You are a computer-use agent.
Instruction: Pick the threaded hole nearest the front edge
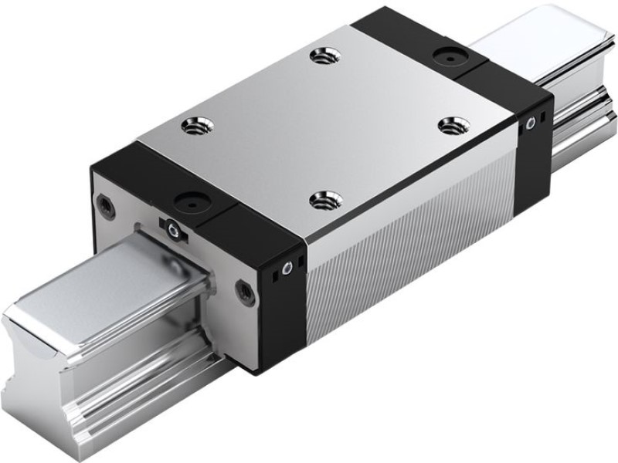[x=322, y=201]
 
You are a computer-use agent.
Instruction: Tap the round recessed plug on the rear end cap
[x=447, y=56]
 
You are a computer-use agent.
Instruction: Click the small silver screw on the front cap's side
[x=288, y=268]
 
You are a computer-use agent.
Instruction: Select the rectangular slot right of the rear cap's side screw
[x=541, y=117]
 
